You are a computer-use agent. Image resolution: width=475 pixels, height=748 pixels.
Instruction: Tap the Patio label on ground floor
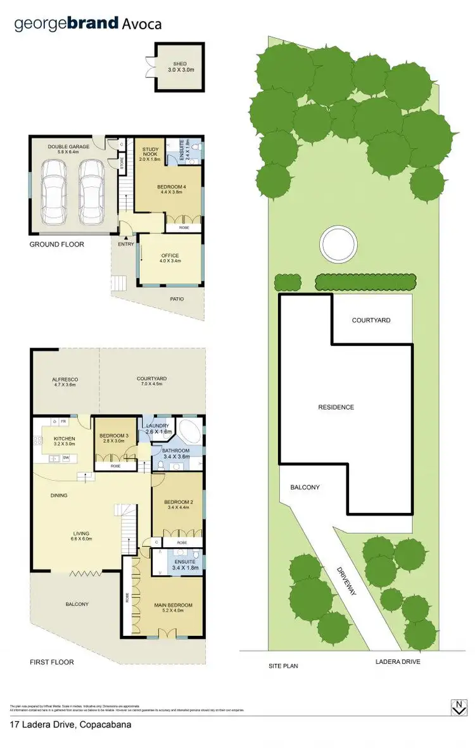coord(177,298)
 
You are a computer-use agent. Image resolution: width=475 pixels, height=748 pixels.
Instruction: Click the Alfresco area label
coord(65,381)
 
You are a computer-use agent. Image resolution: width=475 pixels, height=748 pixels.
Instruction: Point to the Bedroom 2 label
coord(177,500)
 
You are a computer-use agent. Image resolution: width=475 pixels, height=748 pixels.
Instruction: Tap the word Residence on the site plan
coord(336,407)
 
